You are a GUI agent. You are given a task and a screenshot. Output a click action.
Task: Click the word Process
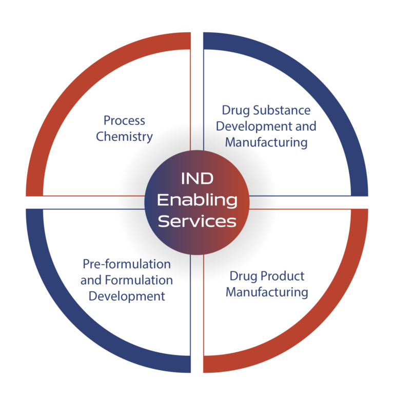(124, 121)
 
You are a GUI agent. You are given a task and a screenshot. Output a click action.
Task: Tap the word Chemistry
(124, 137)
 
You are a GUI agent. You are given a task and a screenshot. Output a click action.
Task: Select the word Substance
(282, 110)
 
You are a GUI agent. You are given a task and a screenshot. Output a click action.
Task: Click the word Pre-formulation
(127, 264)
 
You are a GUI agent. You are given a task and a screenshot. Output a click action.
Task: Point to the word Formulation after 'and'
(139, 280)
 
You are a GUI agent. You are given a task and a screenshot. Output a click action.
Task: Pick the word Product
(283, 276)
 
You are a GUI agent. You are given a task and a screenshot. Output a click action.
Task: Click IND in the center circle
(198, 179)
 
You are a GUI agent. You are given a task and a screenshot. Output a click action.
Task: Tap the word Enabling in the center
(197, 200)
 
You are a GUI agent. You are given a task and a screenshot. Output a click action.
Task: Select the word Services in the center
(197, 221)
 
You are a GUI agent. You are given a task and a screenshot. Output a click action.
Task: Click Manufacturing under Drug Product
(267, 293)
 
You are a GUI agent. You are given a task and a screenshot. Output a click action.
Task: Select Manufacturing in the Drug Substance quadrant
(266, 143)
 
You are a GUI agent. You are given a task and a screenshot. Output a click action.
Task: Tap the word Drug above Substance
(236, 111)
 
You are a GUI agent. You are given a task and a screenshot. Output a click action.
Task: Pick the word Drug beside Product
(244, 276)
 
